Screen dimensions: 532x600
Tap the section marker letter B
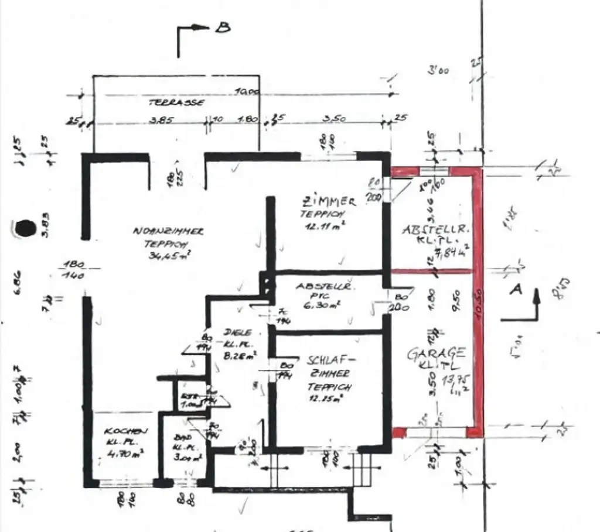pos(223,28)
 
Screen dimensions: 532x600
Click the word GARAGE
pos(437,353)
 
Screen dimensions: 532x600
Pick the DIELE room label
pos(237,332)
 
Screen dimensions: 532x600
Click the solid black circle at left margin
pos(24,228)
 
